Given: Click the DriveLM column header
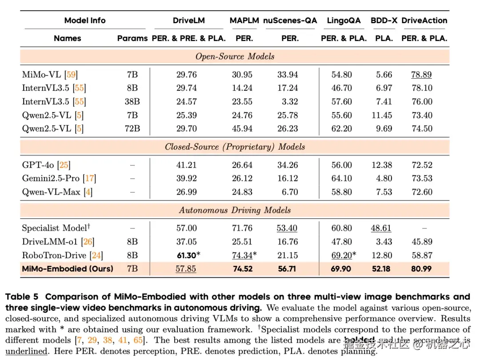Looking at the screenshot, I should coord(189,20).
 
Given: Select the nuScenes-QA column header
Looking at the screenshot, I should coord(290,20).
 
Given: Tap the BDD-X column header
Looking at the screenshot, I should coord(384,20).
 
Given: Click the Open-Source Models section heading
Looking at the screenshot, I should coord(235,56).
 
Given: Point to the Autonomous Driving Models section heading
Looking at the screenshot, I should coord(235,210).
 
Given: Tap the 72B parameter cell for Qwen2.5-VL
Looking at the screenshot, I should coord(132,128).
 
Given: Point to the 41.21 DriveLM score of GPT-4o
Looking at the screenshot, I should coord(186,165).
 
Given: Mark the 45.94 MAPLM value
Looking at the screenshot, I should coord(242,128).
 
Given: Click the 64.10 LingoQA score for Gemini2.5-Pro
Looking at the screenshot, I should coord(342,179).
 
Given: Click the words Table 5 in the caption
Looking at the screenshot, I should coord(22,296).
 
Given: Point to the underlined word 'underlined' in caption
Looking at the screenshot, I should coord(26,351).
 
